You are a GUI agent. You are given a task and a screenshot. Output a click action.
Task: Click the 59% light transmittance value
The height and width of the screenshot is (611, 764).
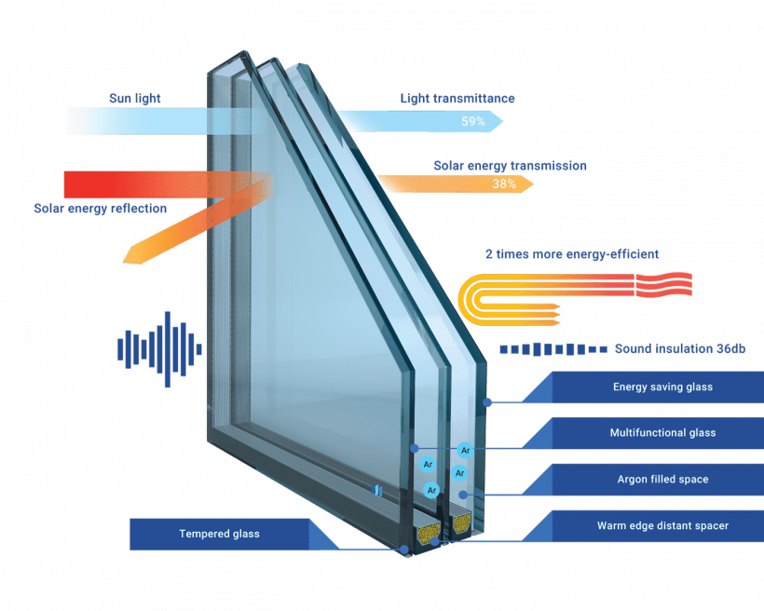click(x=472, y=121)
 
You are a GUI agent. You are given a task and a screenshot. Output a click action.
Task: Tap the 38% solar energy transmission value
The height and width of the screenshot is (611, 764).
click(x=504, y=184)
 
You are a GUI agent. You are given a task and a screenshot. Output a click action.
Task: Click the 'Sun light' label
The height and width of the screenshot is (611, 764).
click(x=134, y=98)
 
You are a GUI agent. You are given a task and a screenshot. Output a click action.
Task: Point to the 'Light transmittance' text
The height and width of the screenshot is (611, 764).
click(x=457, y=98)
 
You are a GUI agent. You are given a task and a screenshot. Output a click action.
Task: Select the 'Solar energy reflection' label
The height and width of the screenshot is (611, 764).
click(x=101, y=209)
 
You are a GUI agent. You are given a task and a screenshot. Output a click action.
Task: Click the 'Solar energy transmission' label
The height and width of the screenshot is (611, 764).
click(x=510, y=166)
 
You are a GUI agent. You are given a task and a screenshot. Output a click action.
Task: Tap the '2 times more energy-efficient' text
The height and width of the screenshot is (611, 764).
click(x=572, y=253)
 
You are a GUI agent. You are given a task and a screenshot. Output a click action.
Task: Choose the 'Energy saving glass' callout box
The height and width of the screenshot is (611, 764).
click(x=662, y=387)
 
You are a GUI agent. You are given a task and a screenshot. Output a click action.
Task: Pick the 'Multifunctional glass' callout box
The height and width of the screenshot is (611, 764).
click(x=662, y=433)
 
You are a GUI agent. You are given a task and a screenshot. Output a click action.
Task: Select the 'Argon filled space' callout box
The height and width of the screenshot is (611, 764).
click(x=662, y=480)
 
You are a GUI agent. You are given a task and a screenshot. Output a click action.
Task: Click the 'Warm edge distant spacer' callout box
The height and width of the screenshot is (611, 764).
click(x=662, y=526)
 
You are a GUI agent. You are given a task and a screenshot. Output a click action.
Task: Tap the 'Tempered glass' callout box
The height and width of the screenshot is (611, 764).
click(x=219, y=534)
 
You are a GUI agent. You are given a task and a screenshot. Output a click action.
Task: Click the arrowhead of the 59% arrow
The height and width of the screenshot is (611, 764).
click(x=498, y=120)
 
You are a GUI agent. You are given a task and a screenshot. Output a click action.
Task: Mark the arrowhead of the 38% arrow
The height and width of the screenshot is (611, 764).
click(x=528, y=184)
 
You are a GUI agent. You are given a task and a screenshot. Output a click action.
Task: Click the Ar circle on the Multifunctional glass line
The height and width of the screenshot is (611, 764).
click(x=465, y=449)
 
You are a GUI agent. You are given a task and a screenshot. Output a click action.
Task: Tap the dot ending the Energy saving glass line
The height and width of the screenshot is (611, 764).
click(x=486, y=401)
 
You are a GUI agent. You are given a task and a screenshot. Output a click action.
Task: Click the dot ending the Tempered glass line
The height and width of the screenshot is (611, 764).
click(x=404, y=550)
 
